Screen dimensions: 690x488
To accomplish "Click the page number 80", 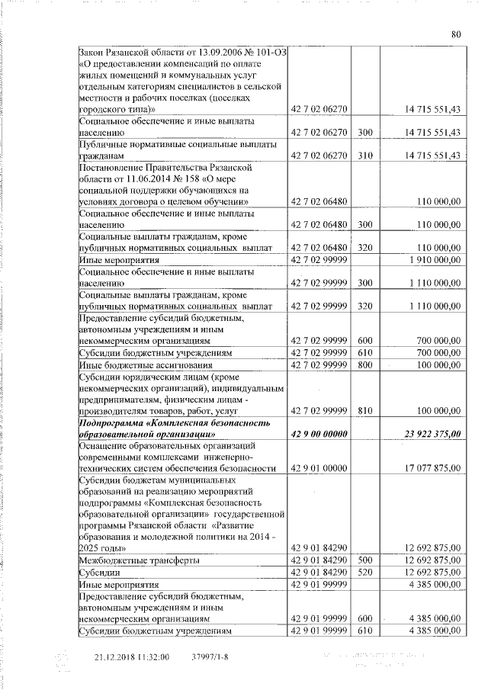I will coord(455,34).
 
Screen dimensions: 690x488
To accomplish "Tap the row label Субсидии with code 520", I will coord(100,572).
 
